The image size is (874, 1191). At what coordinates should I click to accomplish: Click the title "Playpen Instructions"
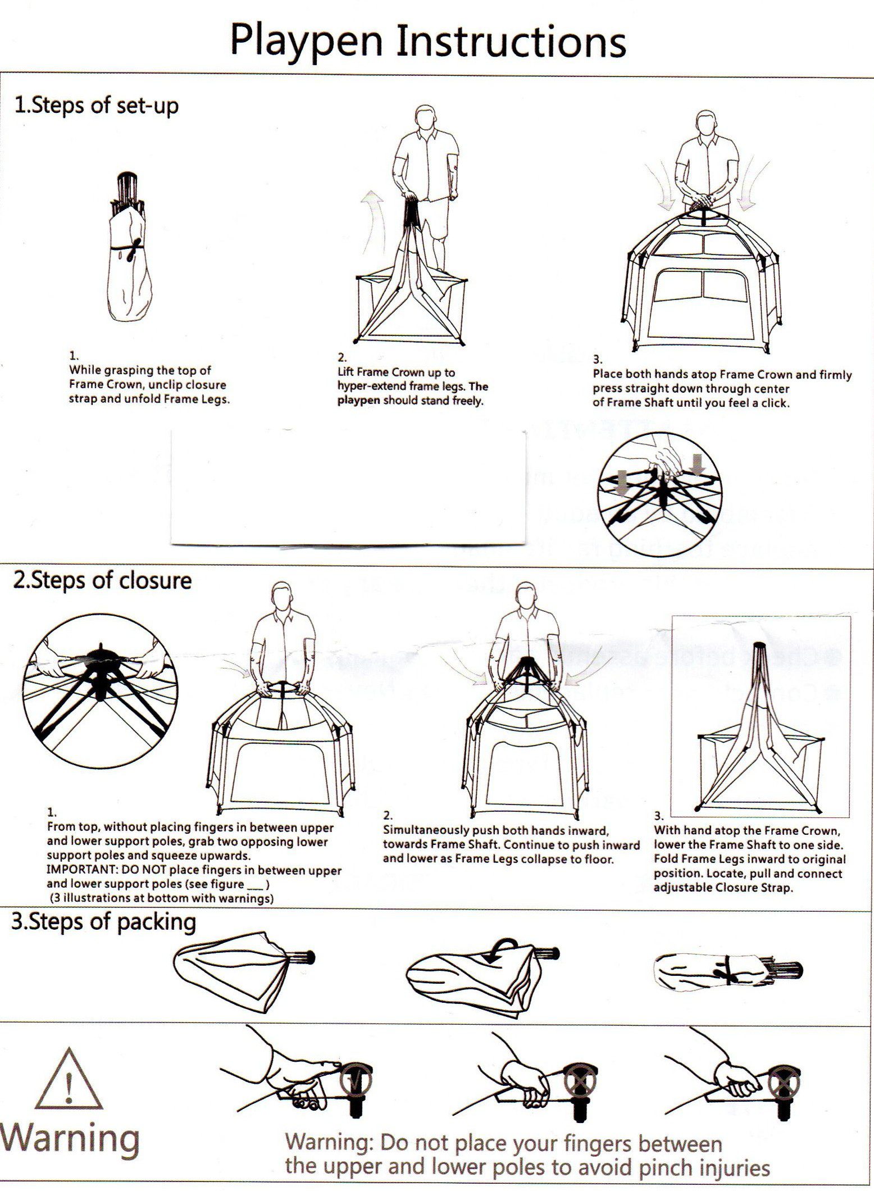[428, 42]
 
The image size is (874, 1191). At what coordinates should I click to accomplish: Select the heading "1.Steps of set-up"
[96, 105]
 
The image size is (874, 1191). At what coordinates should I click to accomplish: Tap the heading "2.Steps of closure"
[102, 580]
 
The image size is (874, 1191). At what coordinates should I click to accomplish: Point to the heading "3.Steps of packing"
[104, 922]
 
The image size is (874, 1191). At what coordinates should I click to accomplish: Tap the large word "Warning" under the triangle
[70, 1140]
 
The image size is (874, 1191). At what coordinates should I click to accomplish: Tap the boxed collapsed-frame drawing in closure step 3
[761, 716]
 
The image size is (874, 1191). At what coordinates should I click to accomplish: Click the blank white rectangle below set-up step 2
[348, 487]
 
